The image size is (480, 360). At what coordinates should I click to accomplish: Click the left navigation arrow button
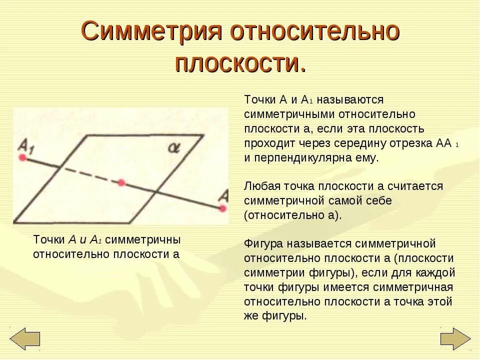pyautogui.click(x=24, y=338)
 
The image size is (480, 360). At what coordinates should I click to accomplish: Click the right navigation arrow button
pyautogui.click(x=455, y=338)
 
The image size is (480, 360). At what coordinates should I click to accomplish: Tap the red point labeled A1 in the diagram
pyautogui.click(x=22, y=157)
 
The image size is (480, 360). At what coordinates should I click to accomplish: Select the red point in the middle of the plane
pyautogui.click(x=121, y=183)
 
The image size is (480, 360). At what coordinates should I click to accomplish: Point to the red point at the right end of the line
pyautogui.click(x=223, y=207)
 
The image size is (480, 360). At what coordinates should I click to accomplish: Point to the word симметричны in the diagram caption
pyautogui.click(x=143, y=239)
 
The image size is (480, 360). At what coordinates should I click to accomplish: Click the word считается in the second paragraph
pyautogui.click(x=418, y=186)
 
